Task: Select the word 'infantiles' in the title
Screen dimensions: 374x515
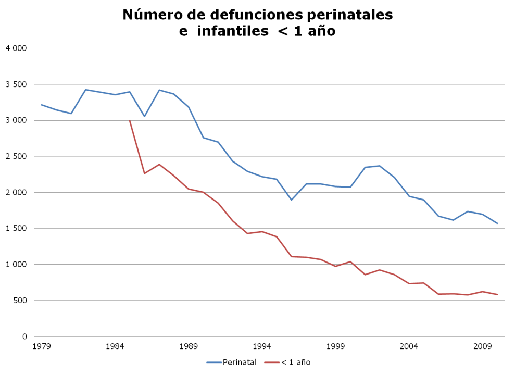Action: [228, 32]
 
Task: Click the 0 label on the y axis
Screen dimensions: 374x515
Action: [24, 336]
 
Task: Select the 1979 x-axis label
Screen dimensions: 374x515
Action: [41, 346]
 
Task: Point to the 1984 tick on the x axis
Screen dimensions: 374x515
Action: [115, 346]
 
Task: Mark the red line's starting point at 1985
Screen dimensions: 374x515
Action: [130, 121]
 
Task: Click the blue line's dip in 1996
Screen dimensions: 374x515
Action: [292, 200]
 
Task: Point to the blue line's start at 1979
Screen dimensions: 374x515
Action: [41, 105]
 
